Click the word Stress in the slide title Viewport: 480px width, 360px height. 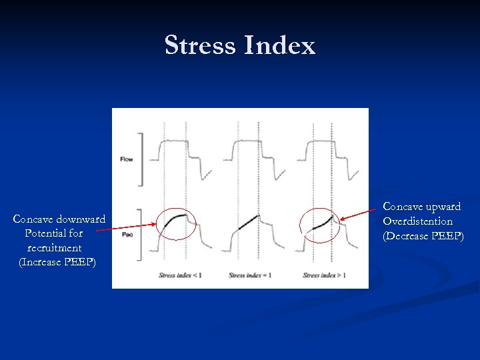tap(200, 45)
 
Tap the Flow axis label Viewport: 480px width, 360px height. tap(127, 159)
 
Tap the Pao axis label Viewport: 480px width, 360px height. tap(127, 235)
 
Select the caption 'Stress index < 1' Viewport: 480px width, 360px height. tap(180, 275)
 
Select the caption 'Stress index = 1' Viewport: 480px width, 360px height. tap(250, 275)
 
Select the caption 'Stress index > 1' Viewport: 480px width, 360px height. tap(325, 275)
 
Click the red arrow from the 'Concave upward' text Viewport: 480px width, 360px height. tap(360, 213)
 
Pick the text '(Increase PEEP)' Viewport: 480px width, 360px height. tap(58, 262)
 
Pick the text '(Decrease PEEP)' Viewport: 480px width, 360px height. tap(422, 235)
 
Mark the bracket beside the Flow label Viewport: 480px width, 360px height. tap(140, 159)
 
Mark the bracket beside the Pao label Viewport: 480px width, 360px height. tap(140, 235)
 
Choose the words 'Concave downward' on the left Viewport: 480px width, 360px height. tap(59, 219)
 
